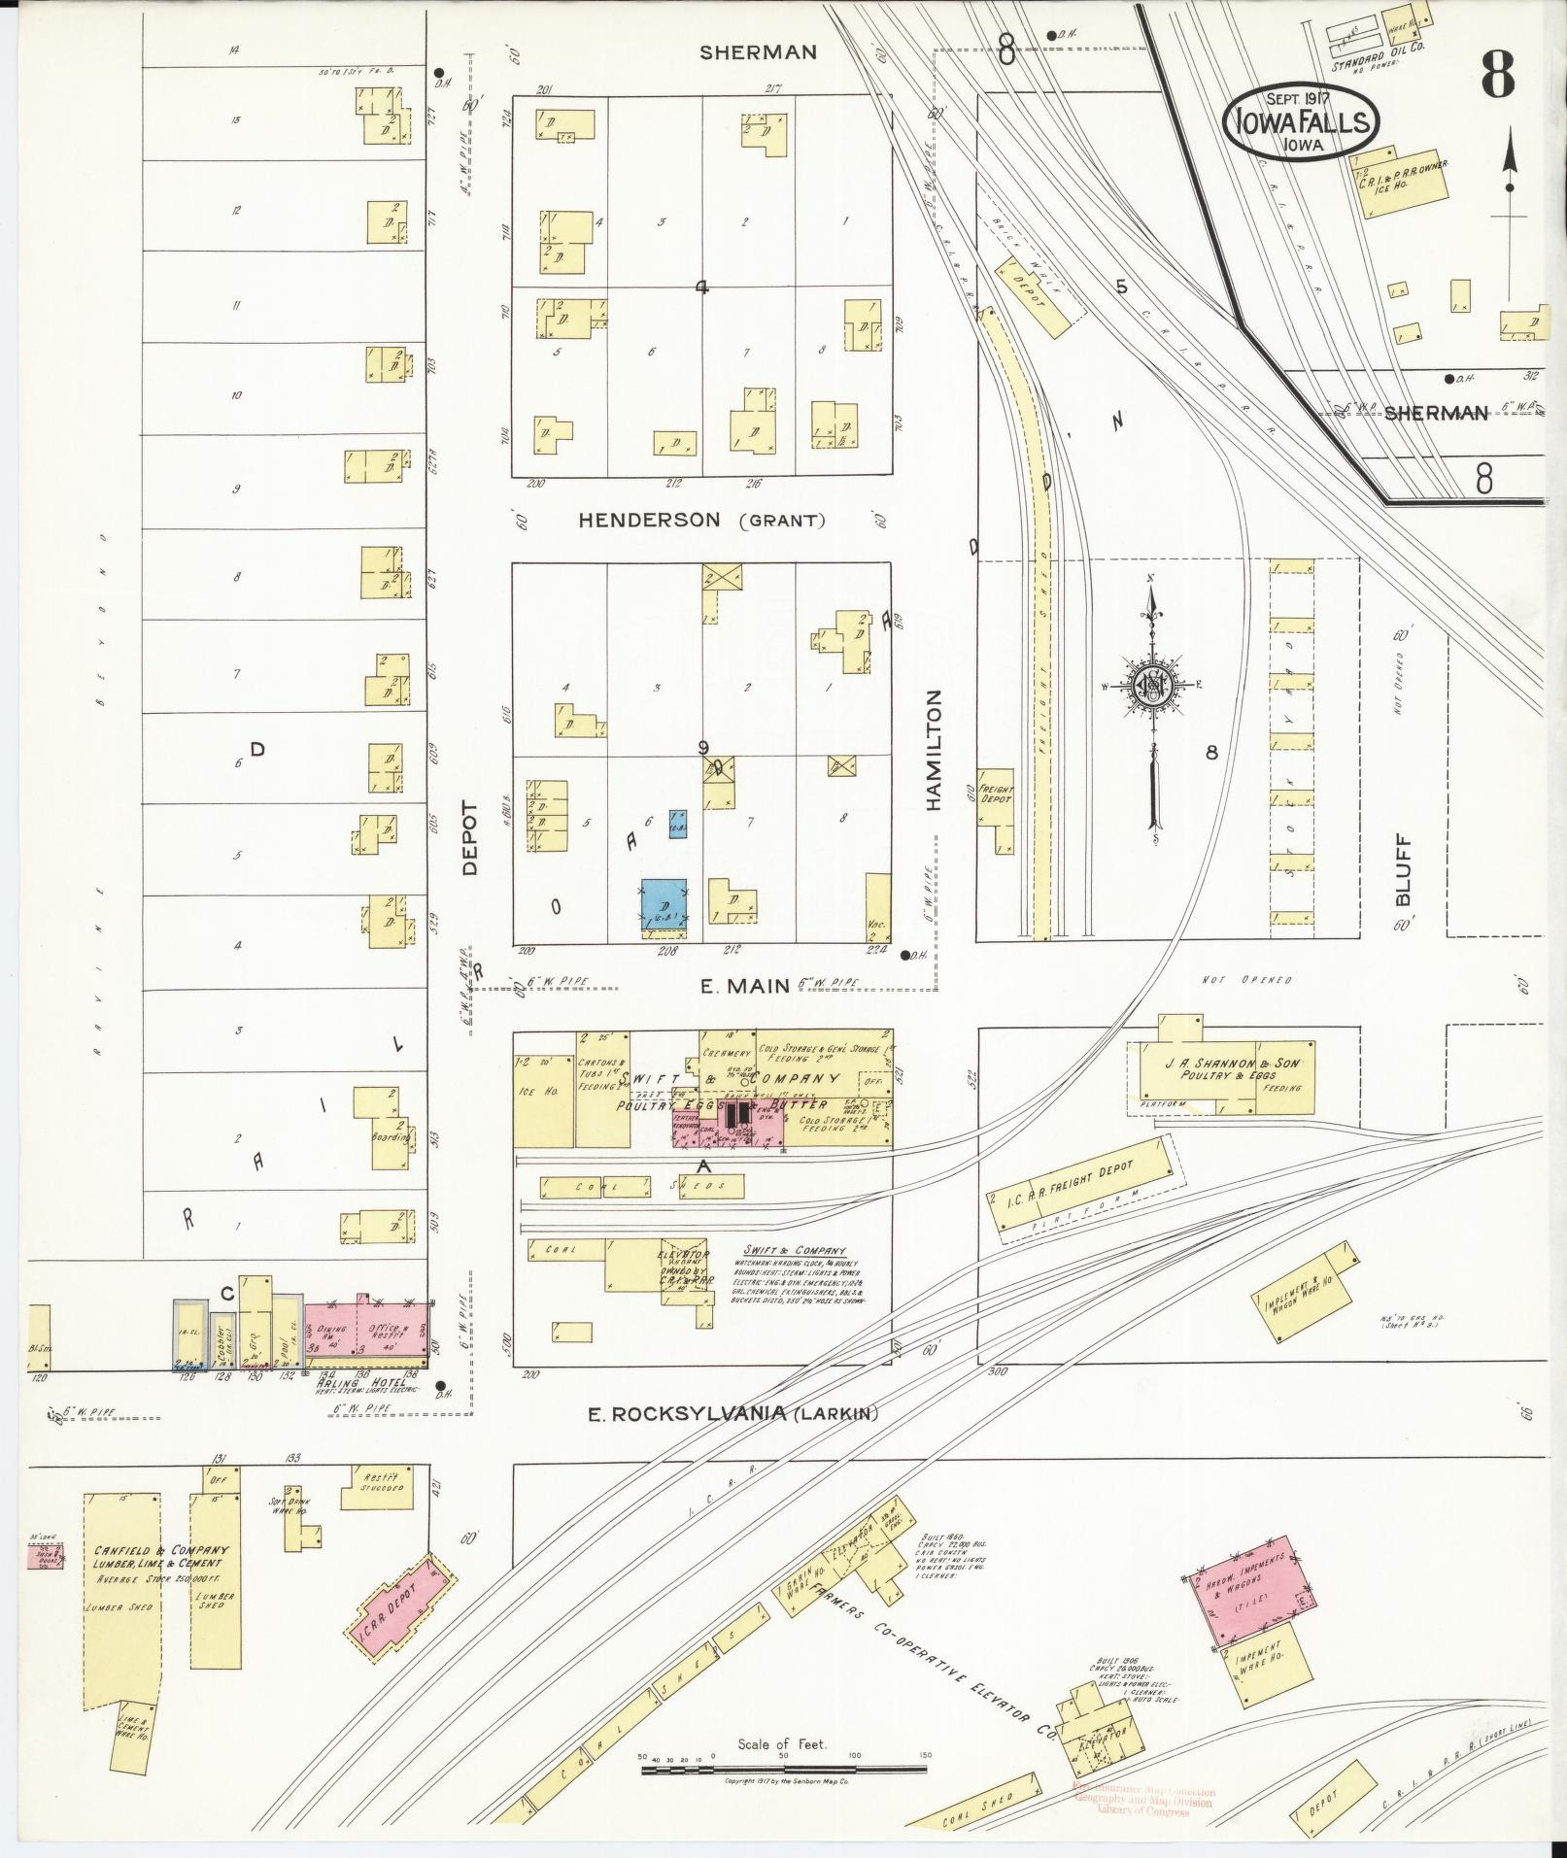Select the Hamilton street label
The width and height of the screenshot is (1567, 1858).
click(935, 750)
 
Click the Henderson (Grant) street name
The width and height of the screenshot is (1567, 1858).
click(701, 521)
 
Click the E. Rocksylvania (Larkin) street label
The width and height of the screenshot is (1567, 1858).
click(732, 1414)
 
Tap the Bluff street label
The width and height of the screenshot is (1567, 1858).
click(1402, 871)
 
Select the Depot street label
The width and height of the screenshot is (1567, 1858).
click(470, 837)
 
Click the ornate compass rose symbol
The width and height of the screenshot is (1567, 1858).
click(1155, 687)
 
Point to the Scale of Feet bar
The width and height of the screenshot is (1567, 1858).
click(782, 1770)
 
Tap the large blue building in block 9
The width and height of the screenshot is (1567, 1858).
click(664, 903)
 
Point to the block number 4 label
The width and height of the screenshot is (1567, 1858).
click(701, 287)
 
